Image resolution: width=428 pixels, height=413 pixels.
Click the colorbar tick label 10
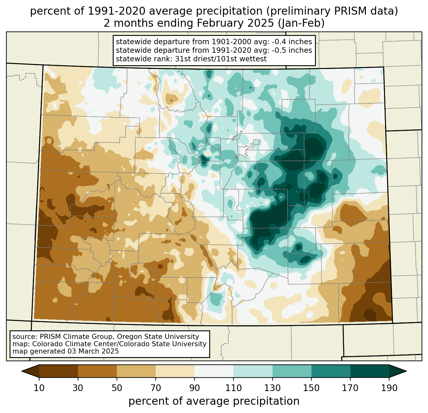(x=39, y=388)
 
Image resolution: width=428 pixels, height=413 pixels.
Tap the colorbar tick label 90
(x=195, y=388)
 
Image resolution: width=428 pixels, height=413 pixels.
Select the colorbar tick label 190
(x=389, y=388)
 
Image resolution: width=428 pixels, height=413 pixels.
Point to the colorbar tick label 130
(x=273, y=388)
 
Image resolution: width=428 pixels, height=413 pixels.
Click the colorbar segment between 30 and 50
(x=97, y=371)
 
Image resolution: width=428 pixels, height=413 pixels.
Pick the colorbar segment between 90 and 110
(x=214, y=371)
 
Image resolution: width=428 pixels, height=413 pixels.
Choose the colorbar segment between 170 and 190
(x=369, y=371)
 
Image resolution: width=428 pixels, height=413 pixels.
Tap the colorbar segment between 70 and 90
(x=175, y=371)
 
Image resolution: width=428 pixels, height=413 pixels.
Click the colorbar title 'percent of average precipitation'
(x=214, y=401)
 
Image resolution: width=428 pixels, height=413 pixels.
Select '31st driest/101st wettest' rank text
(x=221, y=59)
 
